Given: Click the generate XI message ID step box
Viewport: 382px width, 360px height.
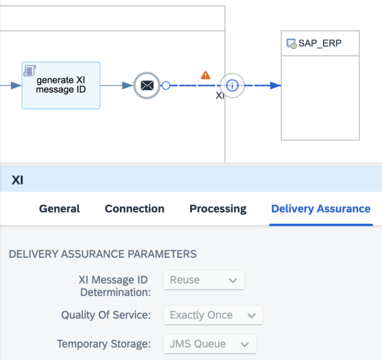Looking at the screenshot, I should (61, 85).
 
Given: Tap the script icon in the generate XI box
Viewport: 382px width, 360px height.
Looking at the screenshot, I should (30, 71).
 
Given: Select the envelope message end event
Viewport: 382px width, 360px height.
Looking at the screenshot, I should (147, 85).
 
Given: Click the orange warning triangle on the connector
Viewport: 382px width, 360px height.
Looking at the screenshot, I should (205, 75).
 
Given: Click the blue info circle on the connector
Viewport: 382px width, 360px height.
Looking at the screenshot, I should (232, 85).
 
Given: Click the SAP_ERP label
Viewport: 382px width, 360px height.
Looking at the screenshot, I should (321, 44).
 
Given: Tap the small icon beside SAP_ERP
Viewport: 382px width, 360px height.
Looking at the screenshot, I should (292, 44).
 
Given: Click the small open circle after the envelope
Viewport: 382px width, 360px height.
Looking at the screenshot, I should (166, 85).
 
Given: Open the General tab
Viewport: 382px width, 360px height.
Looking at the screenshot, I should (59, 208).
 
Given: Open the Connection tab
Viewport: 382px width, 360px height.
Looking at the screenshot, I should (134, 208).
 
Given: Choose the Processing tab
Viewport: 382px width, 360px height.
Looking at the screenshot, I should (218, 208).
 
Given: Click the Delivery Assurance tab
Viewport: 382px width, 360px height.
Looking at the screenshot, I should (321, 208).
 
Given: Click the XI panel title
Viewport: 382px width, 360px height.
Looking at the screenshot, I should (17, 180).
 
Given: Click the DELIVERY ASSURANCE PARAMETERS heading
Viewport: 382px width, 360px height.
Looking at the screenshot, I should (103, 254).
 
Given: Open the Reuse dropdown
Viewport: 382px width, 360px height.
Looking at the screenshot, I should (204, 279).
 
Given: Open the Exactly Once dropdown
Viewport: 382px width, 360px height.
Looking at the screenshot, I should (213, 315).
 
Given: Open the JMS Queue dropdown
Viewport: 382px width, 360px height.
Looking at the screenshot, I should (210, 344).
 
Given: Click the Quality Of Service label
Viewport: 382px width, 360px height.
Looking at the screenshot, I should (105, 315).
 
